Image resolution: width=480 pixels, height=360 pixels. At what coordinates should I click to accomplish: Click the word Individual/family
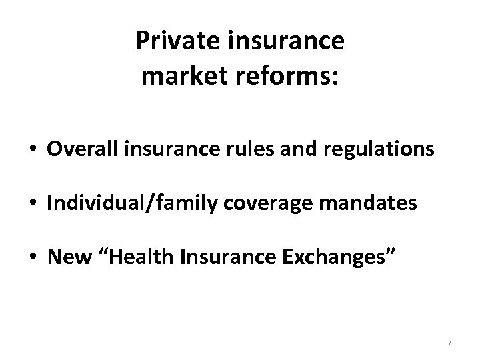pyautogui.click(x=123, y=203)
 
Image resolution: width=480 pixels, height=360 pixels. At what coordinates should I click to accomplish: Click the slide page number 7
pyautogui.click(x=450, y=343)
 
